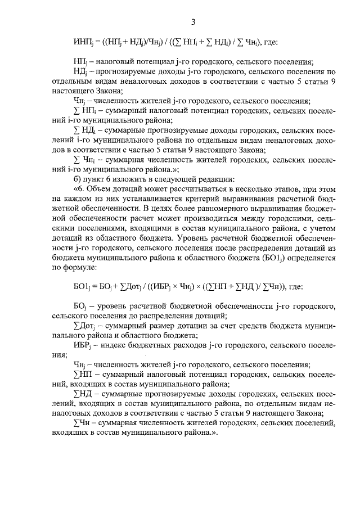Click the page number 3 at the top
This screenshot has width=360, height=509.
[x=192, y=22]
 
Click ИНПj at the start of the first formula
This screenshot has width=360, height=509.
[x=82, y=42]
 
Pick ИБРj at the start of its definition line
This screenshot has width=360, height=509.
[x=82, y=344]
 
